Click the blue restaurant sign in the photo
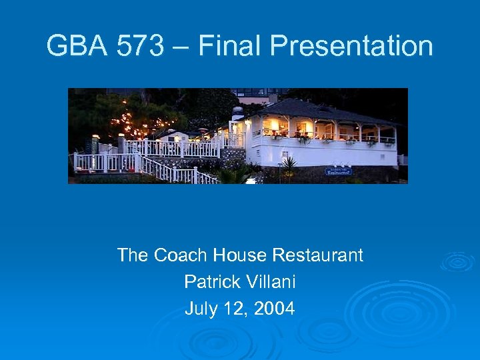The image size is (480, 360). [x=339, y=171]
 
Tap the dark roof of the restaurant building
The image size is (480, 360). [x=320, y=110]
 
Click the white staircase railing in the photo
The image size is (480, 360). [x=173, y=170]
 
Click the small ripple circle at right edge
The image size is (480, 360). [x=458, y=261]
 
